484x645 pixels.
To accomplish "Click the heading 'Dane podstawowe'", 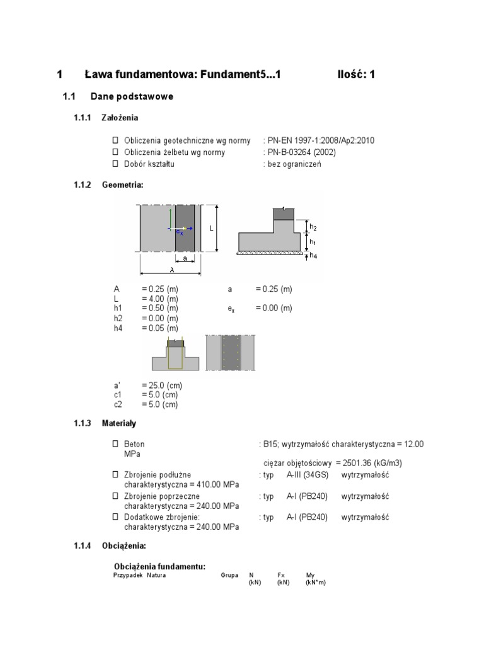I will (132, 97).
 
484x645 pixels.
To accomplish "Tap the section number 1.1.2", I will (83, 185).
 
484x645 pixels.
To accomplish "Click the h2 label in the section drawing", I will (313, 227).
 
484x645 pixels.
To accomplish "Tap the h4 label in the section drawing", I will (313, 256).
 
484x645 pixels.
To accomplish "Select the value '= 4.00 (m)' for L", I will (160, 299).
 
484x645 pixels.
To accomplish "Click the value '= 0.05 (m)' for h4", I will (160, 328).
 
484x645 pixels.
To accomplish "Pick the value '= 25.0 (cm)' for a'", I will (162, 385).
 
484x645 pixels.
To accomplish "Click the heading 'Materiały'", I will (119, 423).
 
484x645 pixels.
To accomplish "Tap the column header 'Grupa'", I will (229, 575).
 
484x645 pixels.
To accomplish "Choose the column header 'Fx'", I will (281, 575).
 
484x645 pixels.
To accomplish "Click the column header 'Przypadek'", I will (128, 575).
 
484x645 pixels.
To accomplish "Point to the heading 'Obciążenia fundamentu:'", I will (159, 566).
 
